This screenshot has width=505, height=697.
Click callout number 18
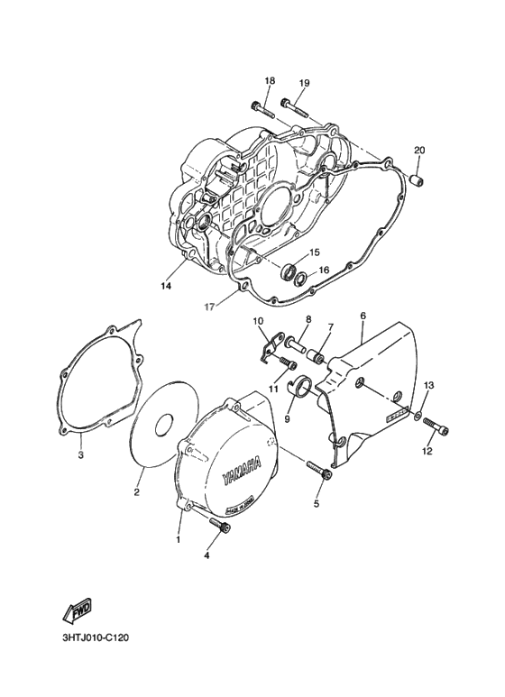click(x=269, y=81)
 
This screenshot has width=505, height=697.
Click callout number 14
click(x=165, y=287)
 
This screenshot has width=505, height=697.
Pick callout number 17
click(x=208, y=307)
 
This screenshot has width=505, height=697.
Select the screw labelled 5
click(x=320, y=470)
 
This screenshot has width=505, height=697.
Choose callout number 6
click(x=363, y=316)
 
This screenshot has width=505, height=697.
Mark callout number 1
click(x=179, y=539)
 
